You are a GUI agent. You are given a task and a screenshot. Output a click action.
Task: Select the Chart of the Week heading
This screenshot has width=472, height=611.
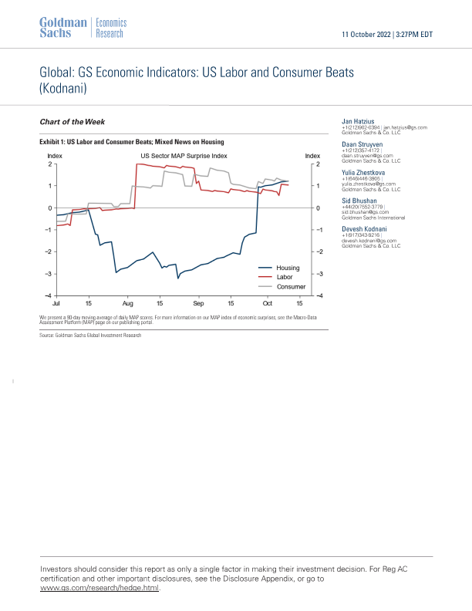coord(72,122)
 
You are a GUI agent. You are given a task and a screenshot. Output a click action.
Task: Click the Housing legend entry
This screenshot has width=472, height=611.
coord(288,268)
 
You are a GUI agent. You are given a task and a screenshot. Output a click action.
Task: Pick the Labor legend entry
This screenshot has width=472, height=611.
coord(284,277)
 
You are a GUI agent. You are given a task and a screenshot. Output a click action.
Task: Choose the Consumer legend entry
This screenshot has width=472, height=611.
coord(291,287)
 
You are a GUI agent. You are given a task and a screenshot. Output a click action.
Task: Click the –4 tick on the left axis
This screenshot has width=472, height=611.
coord(48,296)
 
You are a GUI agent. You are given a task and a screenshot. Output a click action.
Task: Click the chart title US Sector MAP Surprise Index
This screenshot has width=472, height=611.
coord(184,156)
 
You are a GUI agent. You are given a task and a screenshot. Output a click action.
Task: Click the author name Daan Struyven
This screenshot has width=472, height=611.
coord(363,144)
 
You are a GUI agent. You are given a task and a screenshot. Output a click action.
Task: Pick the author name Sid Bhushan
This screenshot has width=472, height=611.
coord(360,201)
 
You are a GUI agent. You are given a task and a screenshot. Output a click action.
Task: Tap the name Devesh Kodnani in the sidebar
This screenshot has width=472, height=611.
coord(365,229)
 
